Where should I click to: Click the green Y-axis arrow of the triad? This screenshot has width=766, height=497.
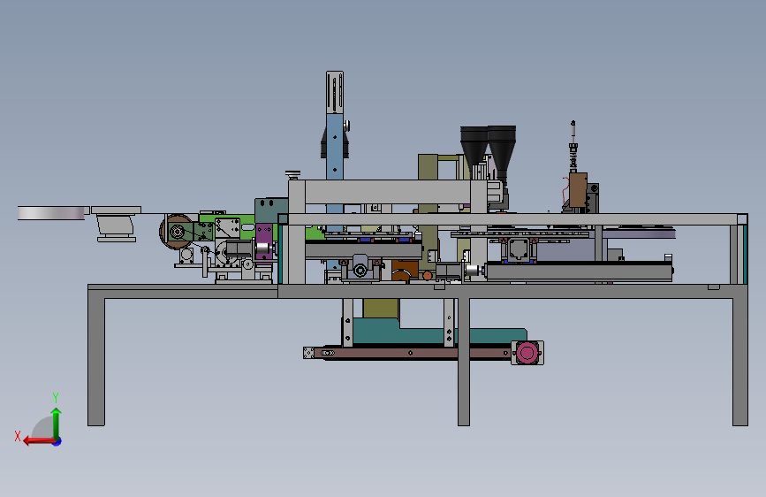[x=57, y=424]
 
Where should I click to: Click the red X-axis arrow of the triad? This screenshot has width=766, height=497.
[x=40, y=440]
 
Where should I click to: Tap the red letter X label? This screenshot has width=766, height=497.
[x=18, y=436]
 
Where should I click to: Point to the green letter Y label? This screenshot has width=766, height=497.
[x=56, y=397]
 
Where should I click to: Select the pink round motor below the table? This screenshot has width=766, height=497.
[x=527, y=352]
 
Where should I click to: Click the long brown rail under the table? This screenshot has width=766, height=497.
[x=410, y=353]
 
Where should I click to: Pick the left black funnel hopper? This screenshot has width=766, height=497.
[x=474, y=145]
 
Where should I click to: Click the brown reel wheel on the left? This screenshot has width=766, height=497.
[x=176, y=232]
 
